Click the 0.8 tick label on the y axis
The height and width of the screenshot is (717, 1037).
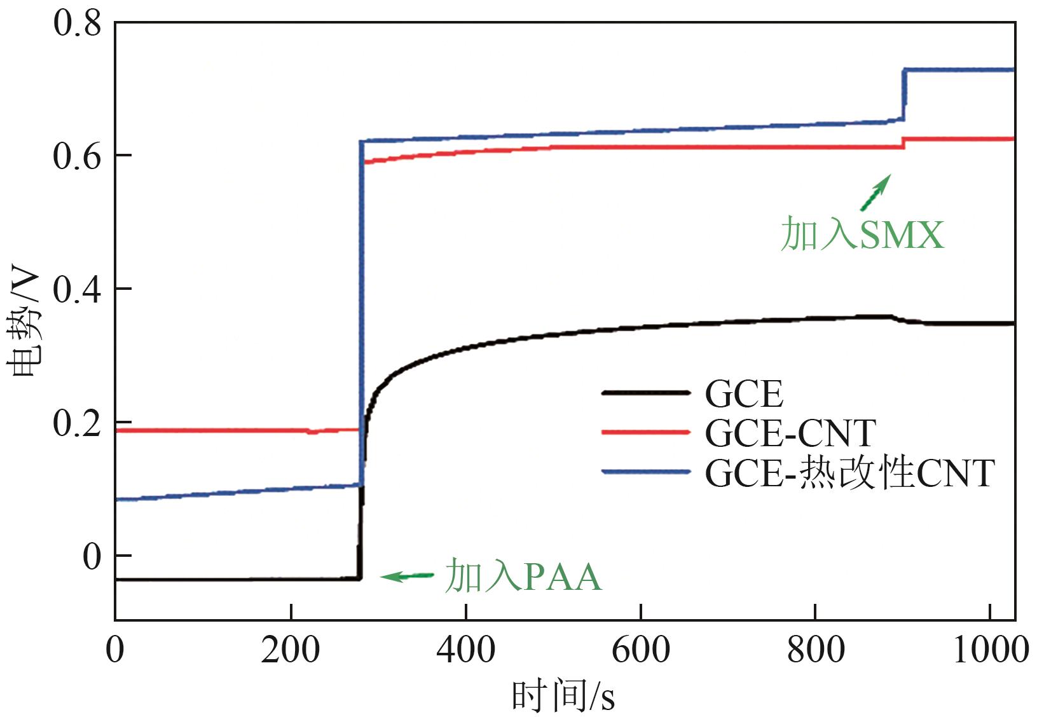pyautogui.click(x=77, y=24)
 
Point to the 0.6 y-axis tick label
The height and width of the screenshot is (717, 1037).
pyautogui.click(x=77, y=156)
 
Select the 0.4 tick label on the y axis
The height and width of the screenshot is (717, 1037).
pyautogui.click(x=77, y=290)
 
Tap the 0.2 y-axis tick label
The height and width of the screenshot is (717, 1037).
pyautogui.click(x=77, y=423)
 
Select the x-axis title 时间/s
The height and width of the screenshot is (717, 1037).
pyautogui.click(x=563, y=697)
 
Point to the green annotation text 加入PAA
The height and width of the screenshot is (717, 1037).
pyautogui.click(x=523, y=577)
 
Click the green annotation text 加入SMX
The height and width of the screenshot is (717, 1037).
pyautogui.click(x=862, y=234)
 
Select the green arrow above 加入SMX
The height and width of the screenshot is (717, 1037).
pyautogui.click(x=876, y=192)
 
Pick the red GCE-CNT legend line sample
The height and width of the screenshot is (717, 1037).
pyautogui.click(x=645, y=433)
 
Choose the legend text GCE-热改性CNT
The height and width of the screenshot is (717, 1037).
pyautogui.click(x=849, y=473)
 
